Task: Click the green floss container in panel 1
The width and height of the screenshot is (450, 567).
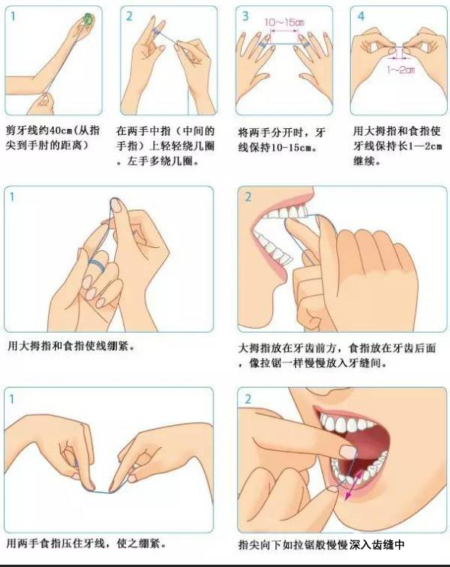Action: [88, 18]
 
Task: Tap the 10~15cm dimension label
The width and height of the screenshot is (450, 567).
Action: [284, 22]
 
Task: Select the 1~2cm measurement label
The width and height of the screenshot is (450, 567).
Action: [400, 69]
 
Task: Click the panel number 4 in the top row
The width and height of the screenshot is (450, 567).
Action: [361, 16]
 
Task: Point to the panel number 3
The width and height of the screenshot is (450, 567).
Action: [246, 16]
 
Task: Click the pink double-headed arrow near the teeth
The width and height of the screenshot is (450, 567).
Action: [353, 485]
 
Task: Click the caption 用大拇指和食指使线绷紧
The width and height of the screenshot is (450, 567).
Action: [71, 346]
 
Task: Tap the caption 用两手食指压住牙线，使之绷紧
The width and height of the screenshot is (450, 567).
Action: [87, 543]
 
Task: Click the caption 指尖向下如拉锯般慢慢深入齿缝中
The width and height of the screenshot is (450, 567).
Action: [321, 545]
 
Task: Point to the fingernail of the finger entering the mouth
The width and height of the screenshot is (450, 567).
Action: [349, 452]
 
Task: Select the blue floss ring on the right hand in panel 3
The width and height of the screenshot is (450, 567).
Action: [306, 45]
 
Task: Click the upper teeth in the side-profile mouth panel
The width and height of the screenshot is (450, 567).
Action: [286, 213]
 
